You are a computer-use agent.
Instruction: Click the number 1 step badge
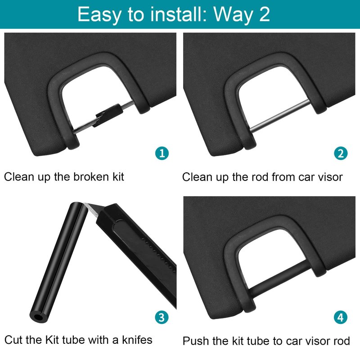162,153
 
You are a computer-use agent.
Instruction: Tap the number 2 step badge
341,153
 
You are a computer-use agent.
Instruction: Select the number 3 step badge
162,317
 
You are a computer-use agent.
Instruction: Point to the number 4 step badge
341,317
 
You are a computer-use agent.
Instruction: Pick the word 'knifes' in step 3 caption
137,340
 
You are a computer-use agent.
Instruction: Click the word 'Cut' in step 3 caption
13,340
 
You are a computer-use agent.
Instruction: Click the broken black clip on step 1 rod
108,115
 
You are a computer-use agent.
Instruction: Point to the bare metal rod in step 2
279,116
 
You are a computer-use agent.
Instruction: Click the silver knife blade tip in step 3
85,204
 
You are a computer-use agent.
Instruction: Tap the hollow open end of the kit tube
38,318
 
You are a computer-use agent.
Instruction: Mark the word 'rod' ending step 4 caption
341,341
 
